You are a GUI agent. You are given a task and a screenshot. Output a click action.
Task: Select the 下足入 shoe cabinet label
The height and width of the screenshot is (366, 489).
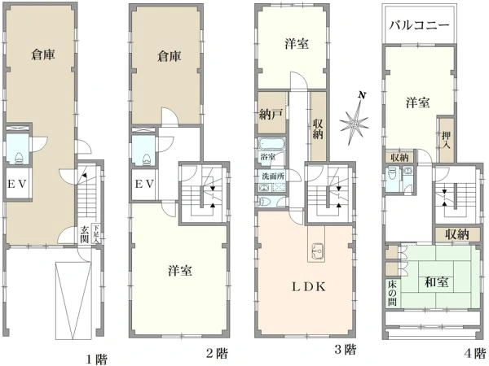(x=96, y=234)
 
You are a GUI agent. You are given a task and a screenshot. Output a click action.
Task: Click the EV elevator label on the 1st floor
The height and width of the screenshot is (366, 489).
(x=19, y=184)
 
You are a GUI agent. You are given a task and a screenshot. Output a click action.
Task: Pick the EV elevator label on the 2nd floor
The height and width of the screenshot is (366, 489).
(x=144, y=184)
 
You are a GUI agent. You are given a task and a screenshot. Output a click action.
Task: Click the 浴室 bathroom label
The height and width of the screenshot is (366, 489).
(x=267, y=155)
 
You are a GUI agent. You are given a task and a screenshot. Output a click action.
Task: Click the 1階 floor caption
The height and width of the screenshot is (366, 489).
(x=96, y=355)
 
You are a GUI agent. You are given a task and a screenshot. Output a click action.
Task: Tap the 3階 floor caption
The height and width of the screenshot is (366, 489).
(x=345, y=351)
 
